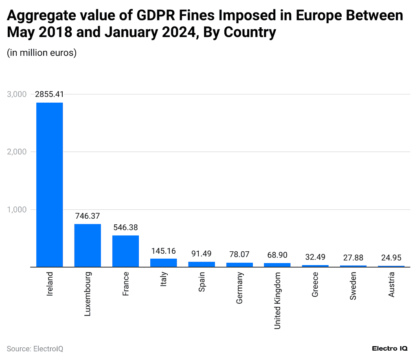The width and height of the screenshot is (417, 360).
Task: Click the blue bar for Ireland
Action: [x=50, y=184]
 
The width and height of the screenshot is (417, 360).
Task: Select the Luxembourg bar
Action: [x=88, y=245]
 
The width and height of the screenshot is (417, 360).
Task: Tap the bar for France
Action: [x=125, y=251]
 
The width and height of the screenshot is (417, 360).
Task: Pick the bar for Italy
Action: [x=163, y=263]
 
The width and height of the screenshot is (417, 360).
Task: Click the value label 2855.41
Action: [x=49, y=94]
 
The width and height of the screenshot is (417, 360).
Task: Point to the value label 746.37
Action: [x=88, y=216]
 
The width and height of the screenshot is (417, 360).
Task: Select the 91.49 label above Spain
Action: [x=201, y=253]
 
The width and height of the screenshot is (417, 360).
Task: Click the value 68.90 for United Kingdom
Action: [x=277, y=255]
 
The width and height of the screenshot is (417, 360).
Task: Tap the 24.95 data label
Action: [x=391, y=258]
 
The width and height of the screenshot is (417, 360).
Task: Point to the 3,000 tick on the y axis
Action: [x=17, y=94]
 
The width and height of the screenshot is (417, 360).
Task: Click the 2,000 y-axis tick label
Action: [x=17, y=152]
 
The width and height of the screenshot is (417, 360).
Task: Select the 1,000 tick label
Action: [x=17, y=210]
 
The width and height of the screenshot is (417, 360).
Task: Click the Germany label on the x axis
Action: [x=239, y=288]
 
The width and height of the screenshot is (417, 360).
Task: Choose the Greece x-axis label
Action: [x=315, y=285]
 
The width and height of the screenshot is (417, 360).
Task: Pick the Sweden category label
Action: [x=353, y=286]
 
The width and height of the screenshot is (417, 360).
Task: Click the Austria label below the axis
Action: [x=391, y=285]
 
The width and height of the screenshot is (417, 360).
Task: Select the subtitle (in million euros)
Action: [x=42, y=53]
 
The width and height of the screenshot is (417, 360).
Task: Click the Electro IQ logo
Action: [x=390, y=349]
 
